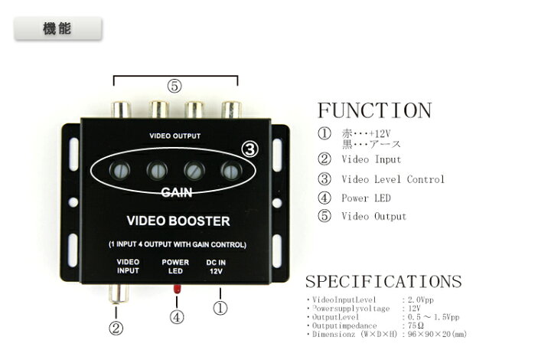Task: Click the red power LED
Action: tap(177, 289)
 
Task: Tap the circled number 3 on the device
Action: tap(249, 149)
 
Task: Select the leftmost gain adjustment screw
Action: tap(120, 171)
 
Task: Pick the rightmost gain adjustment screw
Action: tap(231, 171)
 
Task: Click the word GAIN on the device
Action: tap(177, 192)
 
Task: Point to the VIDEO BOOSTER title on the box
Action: tap(178, 221)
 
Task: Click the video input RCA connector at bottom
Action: tap(119, 294)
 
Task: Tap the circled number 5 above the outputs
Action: tap(174, 86)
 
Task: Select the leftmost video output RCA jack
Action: tap(121, 110)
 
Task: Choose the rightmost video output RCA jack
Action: tap(231, 110)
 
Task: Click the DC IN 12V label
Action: tap(216, 267)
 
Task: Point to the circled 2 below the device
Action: tap(116, 329)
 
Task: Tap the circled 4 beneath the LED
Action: tap(177, 317)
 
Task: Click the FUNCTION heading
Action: tap(374, 110)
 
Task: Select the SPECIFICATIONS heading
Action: tap(383, 282)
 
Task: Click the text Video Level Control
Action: tap(393, 179)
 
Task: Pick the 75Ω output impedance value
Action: tap(416, 326)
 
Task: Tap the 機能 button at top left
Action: tap(58, 28)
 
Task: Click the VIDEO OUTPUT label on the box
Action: tap(174, 136)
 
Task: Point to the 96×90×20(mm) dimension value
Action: tap(437, 334)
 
